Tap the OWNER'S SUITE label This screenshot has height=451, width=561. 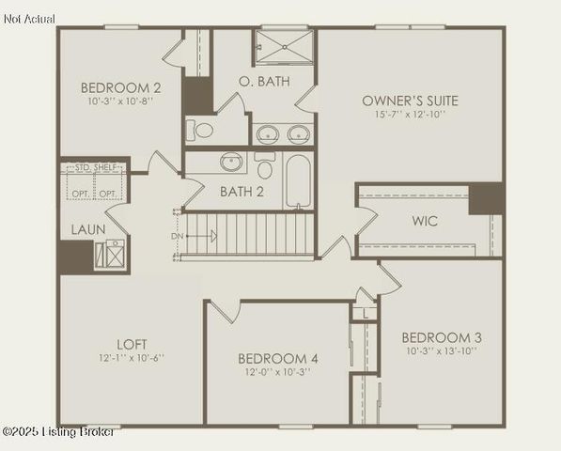coord(410,100)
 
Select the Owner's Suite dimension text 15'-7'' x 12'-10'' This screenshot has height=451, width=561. coord(410,115)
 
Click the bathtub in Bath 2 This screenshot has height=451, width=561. coord(298,181)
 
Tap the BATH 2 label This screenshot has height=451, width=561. coord(242,192)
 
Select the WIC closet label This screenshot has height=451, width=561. coord(425,223)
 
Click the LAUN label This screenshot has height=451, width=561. coord(87,228)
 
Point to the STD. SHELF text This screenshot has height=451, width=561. coord(93,167)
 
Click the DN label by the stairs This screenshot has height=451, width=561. coord(176,236)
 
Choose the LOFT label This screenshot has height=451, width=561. coord(131,343)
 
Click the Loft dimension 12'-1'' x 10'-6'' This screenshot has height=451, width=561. coord(131,358)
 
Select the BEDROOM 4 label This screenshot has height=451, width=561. coord(277,358)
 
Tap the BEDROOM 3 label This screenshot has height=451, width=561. coord(441,337)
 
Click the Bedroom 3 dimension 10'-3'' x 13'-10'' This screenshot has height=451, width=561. coord(441,351)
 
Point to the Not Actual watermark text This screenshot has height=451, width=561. coord(29,19)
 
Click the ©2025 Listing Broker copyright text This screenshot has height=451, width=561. coord(58,431)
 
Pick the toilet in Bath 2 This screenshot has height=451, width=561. coord(265,168)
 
